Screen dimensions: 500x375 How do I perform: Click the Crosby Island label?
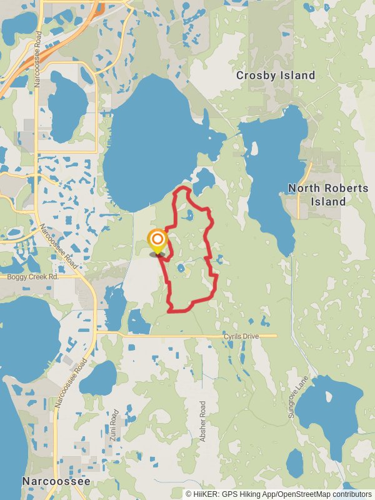coord(276,76)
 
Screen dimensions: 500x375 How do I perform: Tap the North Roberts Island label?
coord(317,194)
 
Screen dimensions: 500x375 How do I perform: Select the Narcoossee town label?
coord(56,481)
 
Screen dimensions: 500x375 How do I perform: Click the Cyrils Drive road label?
coord(241,337)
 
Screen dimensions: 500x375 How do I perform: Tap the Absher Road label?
coord(202,422)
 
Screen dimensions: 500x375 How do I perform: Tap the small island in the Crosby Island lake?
coord(254,149)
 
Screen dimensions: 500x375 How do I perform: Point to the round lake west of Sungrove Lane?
coord(327,406)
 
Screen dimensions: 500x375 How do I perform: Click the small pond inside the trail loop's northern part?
coord(189,217)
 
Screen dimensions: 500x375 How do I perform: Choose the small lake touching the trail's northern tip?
coord(204,181)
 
